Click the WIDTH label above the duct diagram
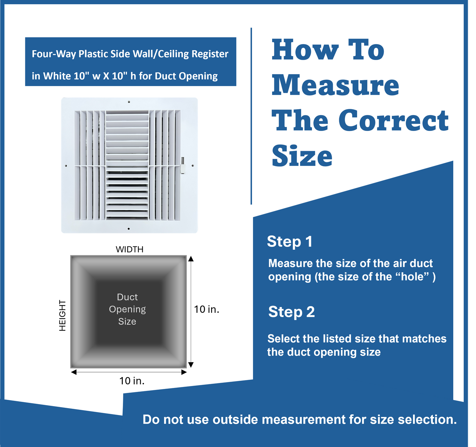(130, 249)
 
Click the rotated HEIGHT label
(63, 315)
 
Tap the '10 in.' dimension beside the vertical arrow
(207, 309)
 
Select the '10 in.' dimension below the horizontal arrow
(132, 381)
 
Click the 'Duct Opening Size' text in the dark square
(127, 309)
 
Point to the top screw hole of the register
(129, 102)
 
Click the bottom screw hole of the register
(129, 229)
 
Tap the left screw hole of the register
(66, 166)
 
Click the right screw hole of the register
(193, 166)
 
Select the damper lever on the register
(182, 165)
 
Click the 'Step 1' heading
(290, 241)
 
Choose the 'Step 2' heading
(292, 312)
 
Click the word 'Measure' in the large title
(335, 85)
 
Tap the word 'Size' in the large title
(302, 156)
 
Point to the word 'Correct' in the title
(393, 120)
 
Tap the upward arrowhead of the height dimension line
(191, 259)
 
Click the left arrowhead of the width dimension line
(74, 372)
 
